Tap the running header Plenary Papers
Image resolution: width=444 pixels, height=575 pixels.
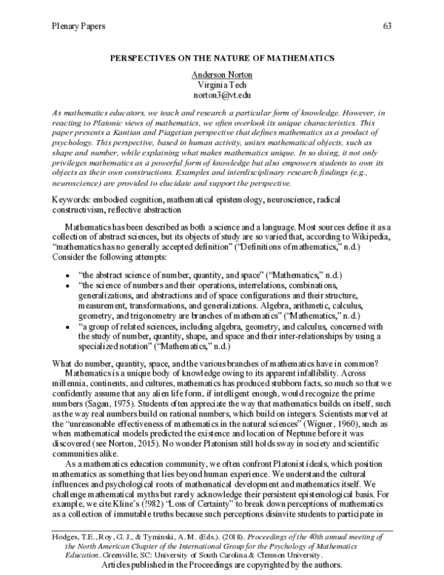click(78, 27)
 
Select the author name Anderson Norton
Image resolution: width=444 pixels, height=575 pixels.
click(222, 75)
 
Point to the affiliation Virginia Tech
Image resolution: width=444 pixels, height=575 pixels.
click(222, 85)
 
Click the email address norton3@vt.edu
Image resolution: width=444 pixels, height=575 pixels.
click(222, 96)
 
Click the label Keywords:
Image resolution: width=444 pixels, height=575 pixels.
click(76, 200)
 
